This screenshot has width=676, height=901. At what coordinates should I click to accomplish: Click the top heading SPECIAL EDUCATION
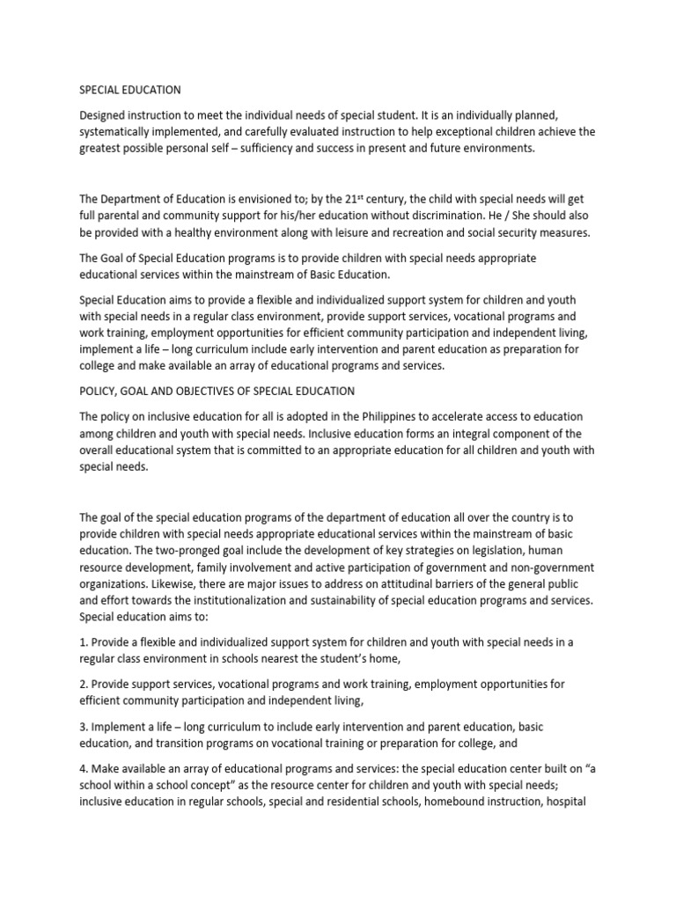point(130,90)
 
